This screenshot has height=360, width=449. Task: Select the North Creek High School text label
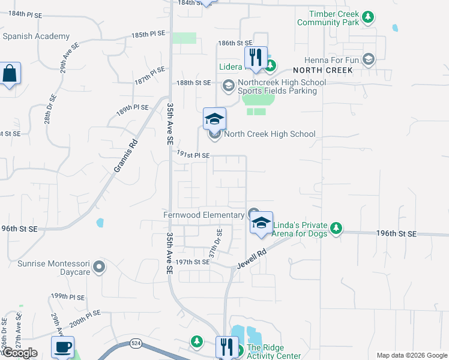pyautogui.click(x=270, y=134)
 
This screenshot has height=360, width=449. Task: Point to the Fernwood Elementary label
pyautogui.click(x=204, y=214)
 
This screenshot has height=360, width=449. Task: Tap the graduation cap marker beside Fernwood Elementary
pyautogui.click(x=261, y=223)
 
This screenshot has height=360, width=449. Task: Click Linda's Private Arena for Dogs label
pyautogui.click(x=300, y=229)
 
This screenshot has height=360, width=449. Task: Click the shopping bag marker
pyautogui.click(x=10, y=74)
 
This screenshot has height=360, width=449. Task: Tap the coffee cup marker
pyautogui.click(x=62, y=347)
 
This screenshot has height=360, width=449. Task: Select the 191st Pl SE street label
pyautogui.click(x=193, y=155)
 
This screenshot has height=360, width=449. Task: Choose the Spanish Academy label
pyautogui.click(x=36, y=36)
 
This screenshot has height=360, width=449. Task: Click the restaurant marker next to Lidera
pyautogui.click(x=256, y=58)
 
